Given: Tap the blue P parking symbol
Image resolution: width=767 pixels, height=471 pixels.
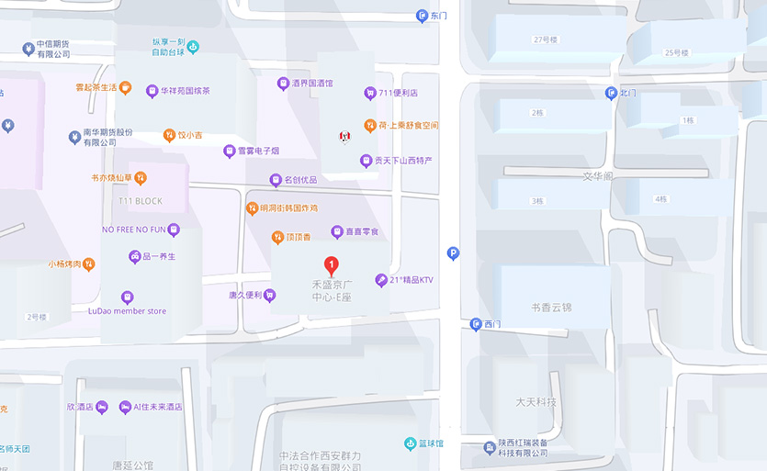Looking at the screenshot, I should tap(452, 253).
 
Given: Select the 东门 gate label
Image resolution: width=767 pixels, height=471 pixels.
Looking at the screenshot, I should tap(438, 16).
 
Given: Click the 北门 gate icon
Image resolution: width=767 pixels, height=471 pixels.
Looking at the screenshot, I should tap(611, 93).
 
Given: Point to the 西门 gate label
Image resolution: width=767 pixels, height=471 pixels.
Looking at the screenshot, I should tap(493, 324).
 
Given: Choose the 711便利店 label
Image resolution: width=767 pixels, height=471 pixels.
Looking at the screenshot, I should tap(398, 93).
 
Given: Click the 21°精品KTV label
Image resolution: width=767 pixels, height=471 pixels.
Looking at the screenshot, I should tap(411, 280).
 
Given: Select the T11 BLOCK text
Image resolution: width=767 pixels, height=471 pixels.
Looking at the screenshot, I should tap(141, 201).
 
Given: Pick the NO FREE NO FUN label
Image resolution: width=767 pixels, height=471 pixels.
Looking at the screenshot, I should tap(133, 230).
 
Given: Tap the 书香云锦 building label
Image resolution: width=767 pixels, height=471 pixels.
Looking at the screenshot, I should tap(551, 307).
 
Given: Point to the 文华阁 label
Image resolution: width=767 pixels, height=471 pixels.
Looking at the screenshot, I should tap(597, 175).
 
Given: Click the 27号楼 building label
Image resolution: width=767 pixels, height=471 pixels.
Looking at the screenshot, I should tap(546, 39).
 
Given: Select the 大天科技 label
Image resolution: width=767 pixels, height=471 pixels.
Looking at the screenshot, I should tap(536, 402).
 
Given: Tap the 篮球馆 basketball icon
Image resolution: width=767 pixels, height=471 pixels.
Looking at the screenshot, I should tap(410, 443).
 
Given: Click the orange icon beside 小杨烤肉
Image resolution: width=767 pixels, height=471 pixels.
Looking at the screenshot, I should tap(89, 264).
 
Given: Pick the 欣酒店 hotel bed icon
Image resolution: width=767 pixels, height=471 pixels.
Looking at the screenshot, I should tap(101, 407).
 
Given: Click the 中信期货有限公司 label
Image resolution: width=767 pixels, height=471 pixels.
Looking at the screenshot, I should tap(53, 50).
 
